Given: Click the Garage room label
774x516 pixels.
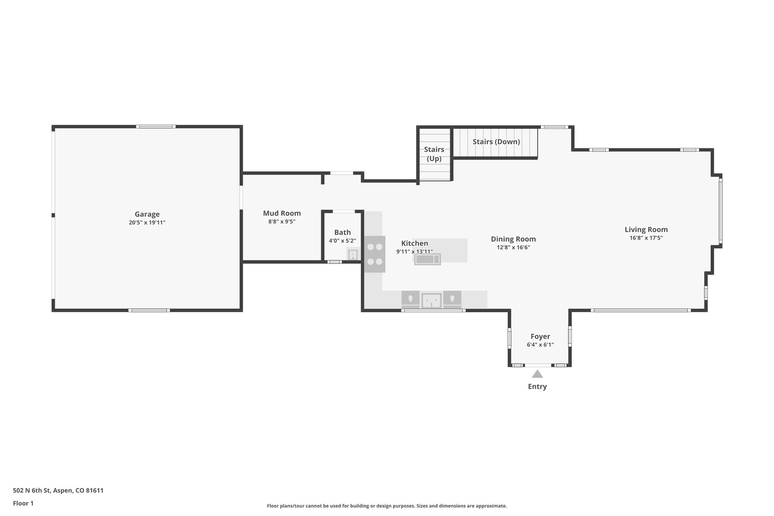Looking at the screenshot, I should coord(147,214).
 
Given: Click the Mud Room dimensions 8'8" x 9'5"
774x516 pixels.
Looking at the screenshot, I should coord(282,222).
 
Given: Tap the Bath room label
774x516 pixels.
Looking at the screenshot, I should coord(342,232).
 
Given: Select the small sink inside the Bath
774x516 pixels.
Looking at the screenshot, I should coord(353,255).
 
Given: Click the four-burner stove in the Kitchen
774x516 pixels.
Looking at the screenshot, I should coord(375,254).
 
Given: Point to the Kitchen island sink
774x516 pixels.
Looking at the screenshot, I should coord(427,259).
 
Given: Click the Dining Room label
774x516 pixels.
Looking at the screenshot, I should coord(513,239).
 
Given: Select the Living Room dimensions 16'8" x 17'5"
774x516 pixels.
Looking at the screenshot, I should coord(646,238).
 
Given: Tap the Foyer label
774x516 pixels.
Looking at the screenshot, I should coord(540,336).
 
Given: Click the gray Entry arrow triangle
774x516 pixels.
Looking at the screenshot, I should coord(537,374).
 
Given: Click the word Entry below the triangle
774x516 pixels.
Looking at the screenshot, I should coord(537,386).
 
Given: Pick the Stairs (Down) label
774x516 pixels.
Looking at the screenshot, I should coord(496,142).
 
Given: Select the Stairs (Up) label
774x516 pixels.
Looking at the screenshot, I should coord(434,154).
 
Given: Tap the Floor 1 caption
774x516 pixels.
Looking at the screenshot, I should coord(23,503).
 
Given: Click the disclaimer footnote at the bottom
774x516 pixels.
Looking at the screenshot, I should coord(387,506).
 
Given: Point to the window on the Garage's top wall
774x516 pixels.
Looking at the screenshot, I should coord(156,127).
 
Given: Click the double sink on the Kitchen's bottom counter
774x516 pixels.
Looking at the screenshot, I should coord(431,301).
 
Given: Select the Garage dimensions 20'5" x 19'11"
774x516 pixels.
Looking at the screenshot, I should coord(147,223).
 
